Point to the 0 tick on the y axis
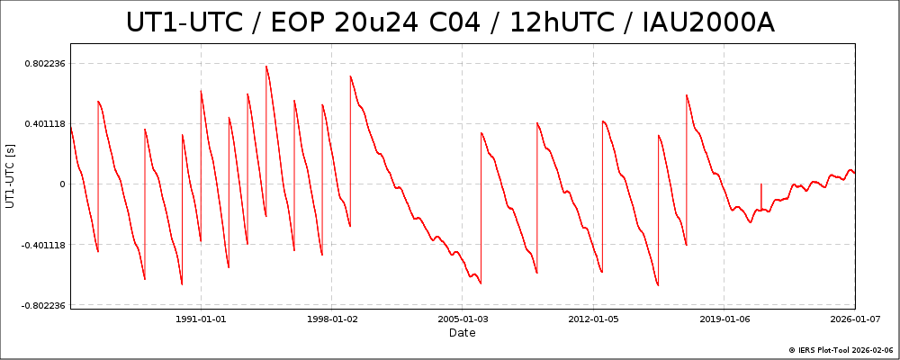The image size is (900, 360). coord(61,184)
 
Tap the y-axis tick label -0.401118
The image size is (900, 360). coord(40,244)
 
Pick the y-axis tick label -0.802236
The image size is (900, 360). coord(40,305)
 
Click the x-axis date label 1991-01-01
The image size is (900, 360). coord(201,318)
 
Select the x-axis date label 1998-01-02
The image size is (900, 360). coord(332,318)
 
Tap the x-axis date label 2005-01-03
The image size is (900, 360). coord(463,318)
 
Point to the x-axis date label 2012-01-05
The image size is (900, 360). coord(594,318)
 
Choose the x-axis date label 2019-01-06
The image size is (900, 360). coord(724,318)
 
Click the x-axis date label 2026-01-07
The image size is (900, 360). coord(855,318)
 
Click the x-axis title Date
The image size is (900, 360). coord(463,333)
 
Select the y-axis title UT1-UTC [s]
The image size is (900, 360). coord(11,176)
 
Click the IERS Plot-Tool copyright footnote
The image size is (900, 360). coord(841,350)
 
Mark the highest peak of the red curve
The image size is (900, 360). coord(266,66)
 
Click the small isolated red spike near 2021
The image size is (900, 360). coord(761,185)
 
